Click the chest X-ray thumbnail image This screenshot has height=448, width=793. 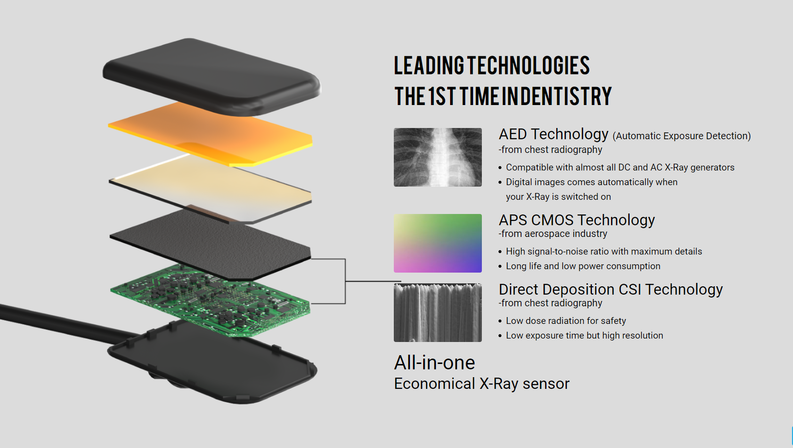click(437, 157)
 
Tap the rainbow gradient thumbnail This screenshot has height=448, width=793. click(437, 243)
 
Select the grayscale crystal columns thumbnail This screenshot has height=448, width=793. click(437, 313)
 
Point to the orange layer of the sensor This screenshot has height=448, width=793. click(210, 134)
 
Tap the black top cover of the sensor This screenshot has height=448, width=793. click(212, 77)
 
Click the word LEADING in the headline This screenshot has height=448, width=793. click(429, 65)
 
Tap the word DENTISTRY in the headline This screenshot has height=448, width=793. click(566, 96)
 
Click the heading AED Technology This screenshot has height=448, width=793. click(553, 134)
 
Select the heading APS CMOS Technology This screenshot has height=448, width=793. click(577, 220)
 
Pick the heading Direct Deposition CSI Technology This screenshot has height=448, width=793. click(611, 289)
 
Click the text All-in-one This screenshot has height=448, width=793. click(434, 363)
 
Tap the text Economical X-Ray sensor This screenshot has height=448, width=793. click(482, 384)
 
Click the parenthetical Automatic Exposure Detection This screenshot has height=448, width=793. click(681, 136)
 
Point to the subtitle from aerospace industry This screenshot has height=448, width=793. click(553, 234)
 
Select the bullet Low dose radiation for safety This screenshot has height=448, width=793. click(566, 320)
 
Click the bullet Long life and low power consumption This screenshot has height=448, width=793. click(583, 266)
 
